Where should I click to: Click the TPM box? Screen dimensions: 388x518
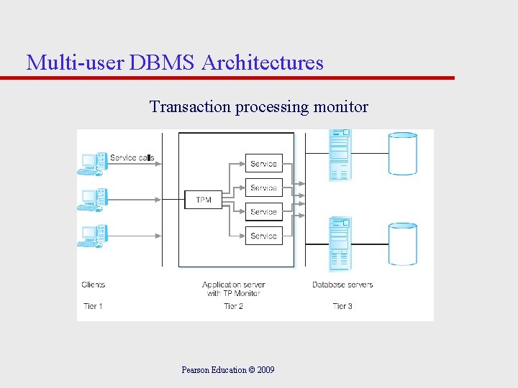[x=204, y=199]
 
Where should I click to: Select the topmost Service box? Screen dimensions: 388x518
[x=263, y=164]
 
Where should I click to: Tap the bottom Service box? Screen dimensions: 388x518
[x=263, y=236]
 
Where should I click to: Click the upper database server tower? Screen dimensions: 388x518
[x=339, y=154]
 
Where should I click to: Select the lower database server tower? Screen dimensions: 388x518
[x=340, y=244]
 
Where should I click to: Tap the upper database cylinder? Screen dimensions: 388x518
[x=403, y=154]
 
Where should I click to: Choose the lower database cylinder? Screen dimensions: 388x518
[x=403, y=244]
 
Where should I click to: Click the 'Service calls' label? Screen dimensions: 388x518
[x=132, y=157]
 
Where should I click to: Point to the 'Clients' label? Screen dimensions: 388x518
[x=94, y=285]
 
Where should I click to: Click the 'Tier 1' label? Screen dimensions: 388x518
[x=93, y=306]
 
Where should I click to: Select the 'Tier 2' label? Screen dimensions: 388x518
[x=233, y=306]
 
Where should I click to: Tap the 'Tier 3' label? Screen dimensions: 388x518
[x=342, y=306]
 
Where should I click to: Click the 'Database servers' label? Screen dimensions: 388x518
[x=342, y=285]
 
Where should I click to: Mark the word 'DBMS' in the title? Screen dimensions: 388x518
[x=163, y=63]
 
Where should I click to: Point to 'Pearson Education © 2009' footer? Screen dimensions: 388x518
[x=228, y=370]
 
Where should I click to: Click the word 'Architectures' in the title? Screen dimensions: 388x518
[x=263, y=63]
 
